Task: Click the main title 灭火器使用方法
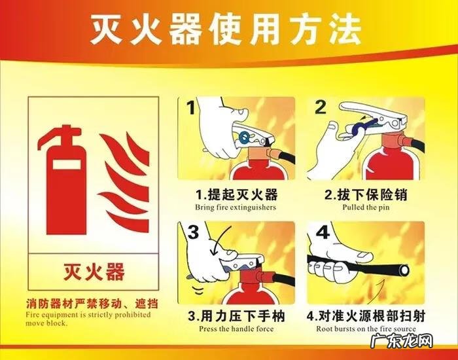tap(226, 27)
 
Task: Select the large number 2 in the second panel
tap(321, 108)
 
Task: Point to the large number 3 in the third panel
tap(193, 232)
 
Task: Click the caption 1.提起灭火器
tap(236, 194)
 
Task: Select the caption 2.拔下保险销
tap(366, 194)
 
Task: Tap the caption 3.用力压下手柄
tap(236, 317)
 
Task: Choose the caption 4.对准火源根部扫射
tap(366, 317)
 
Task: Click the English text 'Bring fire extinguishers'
tap(236, 207)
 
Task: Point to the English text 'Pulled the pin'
tap(366, 207)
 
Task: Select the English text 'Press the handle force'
tap(236, 329)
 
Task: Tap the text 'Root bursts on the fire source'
tap(366, 329)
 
